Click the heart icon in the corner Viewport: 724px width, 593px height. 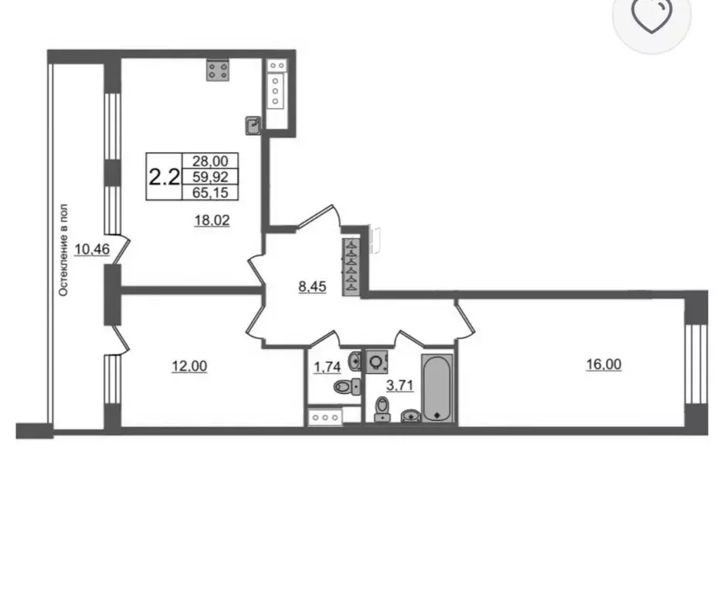coord(651,16)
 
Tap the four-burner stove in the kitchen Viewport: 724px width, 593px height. coord(218,70)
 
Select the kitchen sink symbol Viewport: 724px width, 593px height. coord(253,126)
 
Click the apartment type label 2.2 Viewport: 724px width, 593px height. coord(164,176)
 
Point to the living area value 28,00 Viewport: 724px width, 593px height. coord(210,161)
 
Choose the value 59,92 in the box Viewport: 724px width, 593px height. coord(210,177)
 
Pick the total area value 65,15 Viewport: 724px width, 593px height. coord(210,192)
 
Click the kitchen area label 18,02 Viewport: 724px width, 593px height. coord(212,221)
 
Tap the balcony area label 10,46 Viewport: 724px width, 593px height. coord(92,249)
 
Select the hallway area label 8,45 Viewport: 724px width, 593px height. coord(312,286)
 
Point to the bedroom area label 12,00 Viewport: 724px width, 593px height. coord(189,367)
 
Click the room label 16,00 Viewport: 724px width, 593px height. coord(603,364)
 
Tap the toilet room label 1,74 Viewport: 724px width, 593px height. coord(327,368)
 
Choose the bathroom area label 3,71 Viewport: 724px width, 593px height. coord(399,385)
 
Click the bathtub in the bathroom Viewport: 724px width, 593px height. coord(437,388)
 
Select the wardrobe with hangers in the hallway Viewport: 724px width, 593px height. coord(351,266)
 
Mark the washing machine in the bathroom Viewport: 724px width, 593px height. coord(376,362)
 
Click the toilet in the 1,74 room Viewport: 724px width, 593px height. coord(347,386)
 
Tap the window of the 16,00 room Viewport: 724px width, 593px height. coord(696,364)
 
